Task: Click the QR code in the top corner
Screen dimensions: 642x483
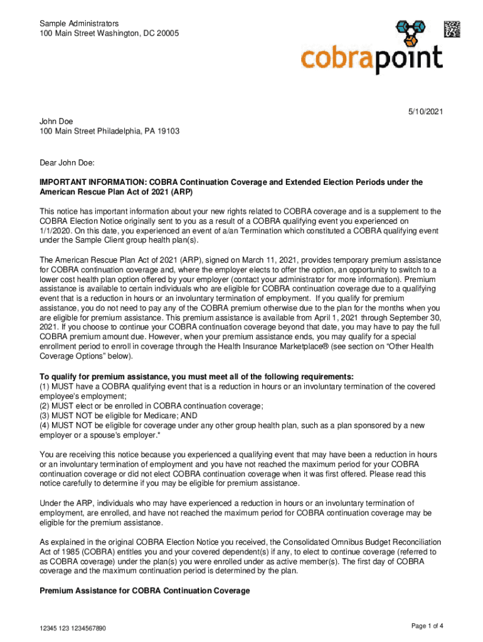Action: coord(452,30)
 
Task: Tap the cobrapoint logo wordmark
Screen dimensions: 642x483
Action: coord(371,59)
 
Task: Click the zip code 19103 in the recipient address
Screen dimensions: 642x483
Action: coord(166,132)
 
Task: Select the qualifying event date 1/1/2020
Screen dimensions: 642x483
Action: coord(58,231)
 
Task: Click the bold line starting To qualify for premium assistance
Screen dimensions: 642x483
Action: coord(196,376)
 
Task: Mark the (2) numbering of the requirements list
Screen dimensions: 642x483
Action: coord(45,406)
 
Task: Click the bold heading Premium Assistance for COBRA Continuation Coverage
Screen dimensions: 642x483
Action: coord(144,591)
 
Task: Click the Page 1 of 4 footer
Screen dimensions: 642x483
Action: coord(428,626)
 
